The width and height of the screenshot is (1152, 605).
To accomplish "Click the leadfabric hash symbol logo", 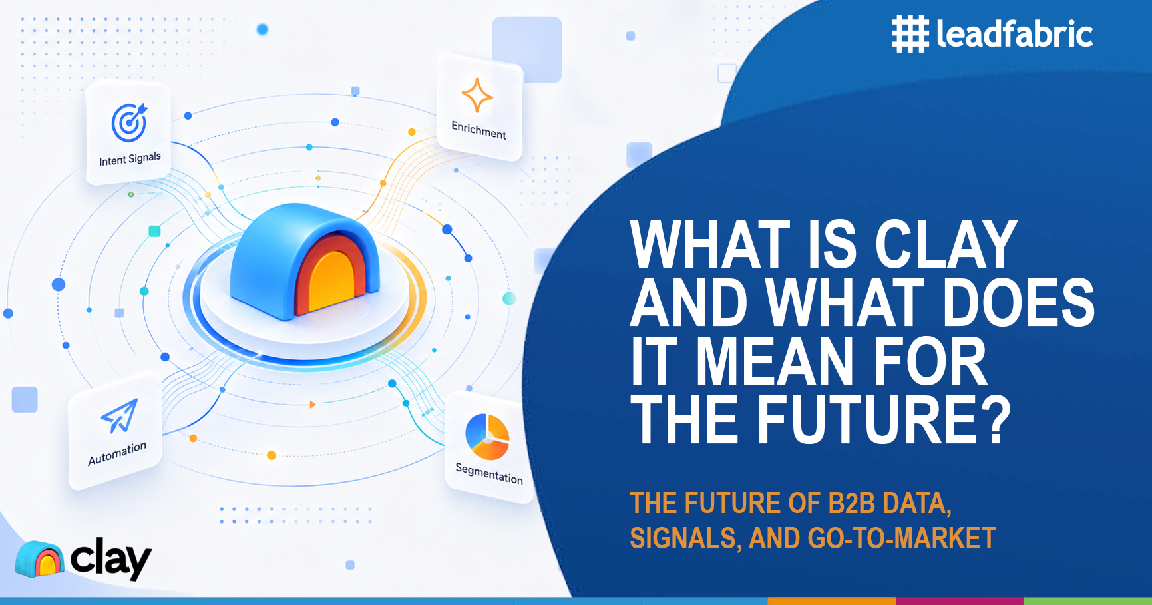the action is tap(910, 35).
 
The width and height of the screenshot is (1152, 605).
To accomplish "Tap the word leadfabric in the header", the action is tap(1014, 33).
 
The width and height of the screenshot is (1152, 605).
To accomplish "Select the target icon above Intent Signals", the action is tap(129, 122).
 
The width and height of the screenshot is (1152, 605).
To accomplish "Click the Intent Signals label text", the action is tap(130, 159).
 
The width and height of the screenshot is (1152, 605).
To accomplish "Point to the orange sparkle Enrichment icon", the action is tap(477, 95).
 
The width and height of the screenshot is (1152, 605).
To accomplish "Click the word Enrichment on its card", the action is tap(479, 130).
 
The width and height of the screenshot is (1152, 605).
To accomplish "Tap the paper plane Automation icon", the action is tap(120, 415).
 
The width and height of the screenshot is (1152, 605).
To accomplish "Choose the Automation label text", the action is tap(117, 453).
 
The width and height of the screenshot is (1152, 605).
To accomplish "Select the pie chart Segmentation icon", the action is tap(488, 437).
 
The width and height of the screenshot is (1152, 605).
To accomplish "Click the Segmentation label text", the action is tap(489, 473).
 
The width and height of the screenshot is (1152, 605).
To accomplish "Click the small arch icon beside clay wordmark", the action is tap(39, 559).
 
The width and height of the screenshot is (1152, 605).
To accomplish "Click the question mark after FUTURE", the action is tap(996, 419).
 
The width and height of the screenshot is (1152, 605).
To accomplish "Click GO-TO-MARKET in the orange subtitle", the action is tap(902, 538).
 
